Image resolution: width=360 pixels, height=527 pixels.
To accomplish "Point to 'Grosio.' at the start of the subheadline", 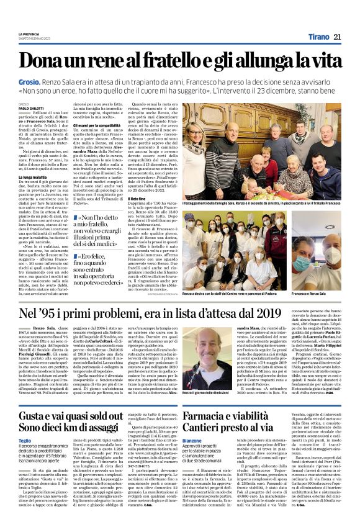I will (x=29, y=83).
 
